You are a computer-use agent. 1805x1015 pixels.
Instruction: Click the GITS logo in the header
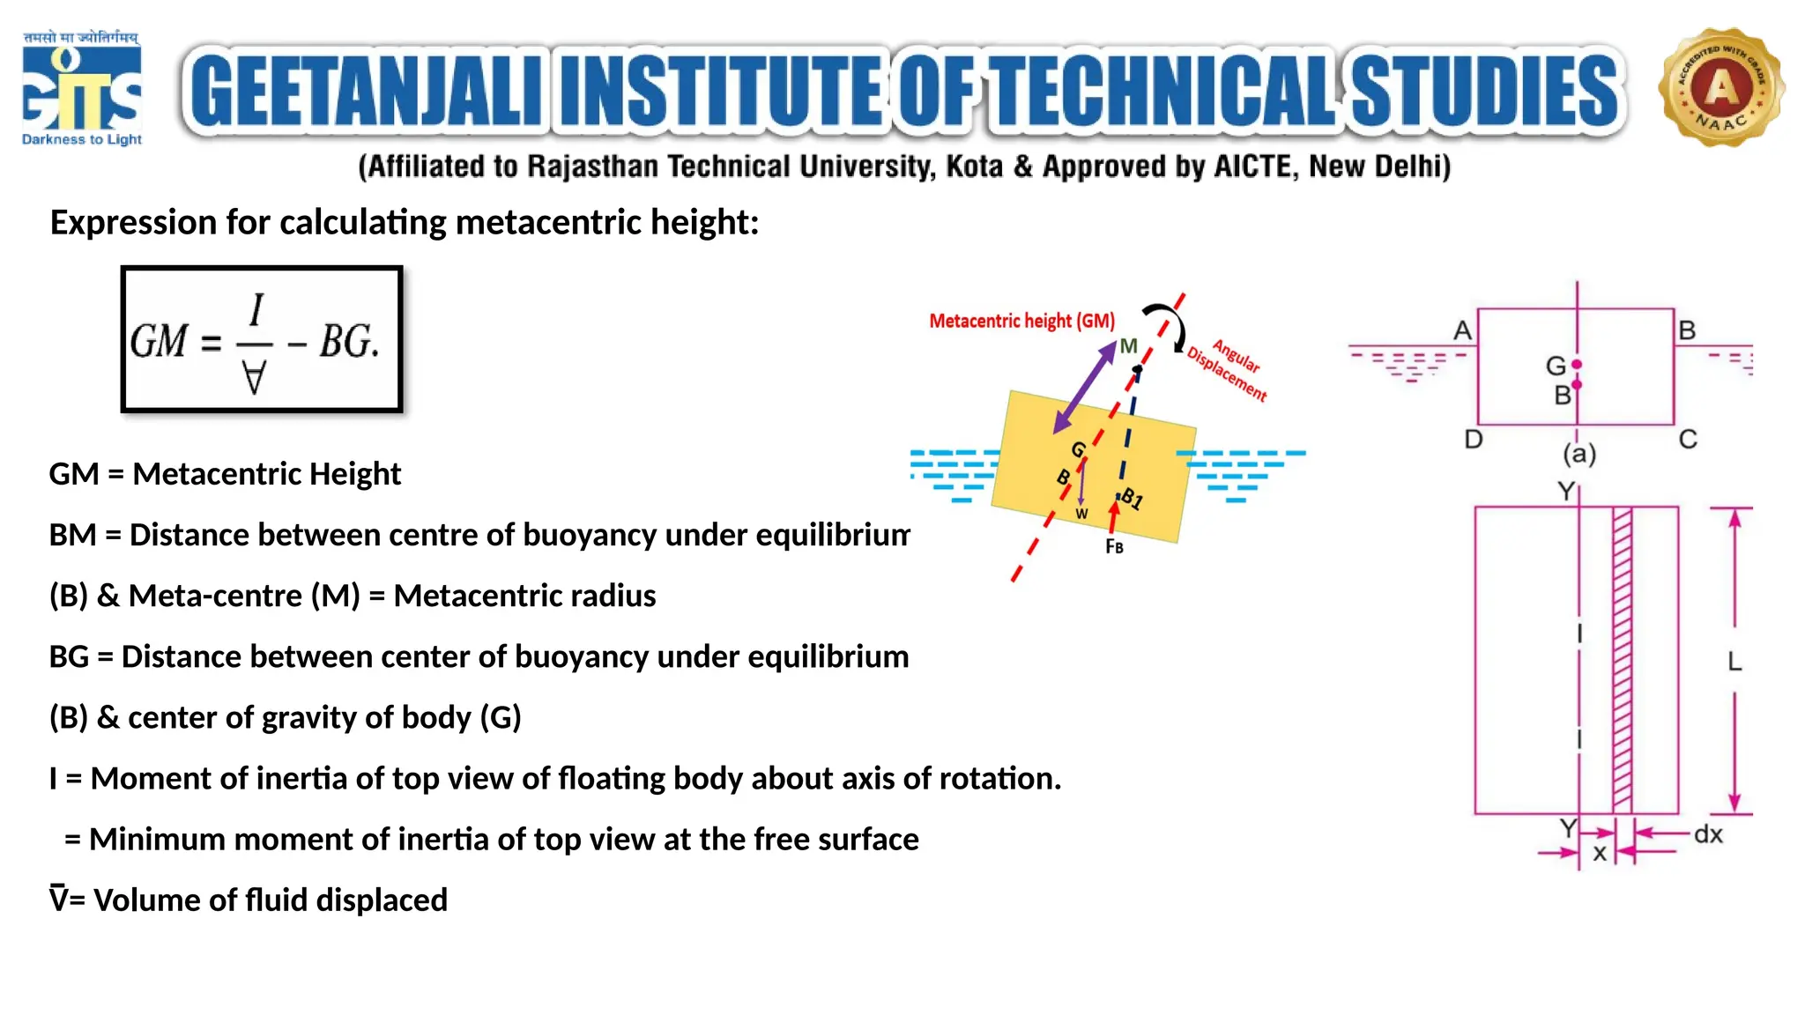point(81,89)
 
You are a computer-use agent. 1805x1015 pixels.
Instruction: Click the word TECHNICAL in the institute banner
point(1162,91)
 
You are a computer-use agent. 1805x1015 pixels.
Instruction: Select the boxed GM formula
point(262,339)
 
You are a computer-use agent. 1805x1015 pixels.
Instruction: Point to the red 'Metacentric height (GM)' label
point(1021,321)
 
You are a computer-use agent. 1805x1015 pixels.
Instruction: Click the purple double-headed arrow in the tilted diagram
point(1085,388)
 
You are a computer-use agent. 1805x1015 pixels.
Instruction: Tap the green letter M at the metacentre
point(1128,346)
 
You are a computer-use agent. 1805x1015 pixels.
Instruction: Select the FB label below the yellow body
point(1114,547)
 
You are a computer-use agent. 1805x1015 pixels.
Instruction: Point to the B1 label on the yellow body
point(1132,499)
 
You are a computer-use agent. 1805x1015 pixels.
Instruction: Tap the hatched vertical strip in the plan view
point(1622,660)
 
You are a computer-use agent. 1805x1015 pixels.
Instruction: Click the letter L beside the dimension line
point(1734,661)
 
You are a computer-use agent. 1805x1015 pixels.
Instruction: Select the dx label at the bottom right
point(1708,834)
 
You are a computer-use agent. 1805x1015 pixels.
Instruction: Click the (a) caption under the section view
point(1579,454)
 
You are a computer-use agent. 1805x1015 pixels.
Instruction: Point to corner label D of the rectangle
point(1473,439)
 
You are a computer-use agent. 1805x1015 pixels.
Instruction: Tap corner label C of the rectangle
point(1688,439)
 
